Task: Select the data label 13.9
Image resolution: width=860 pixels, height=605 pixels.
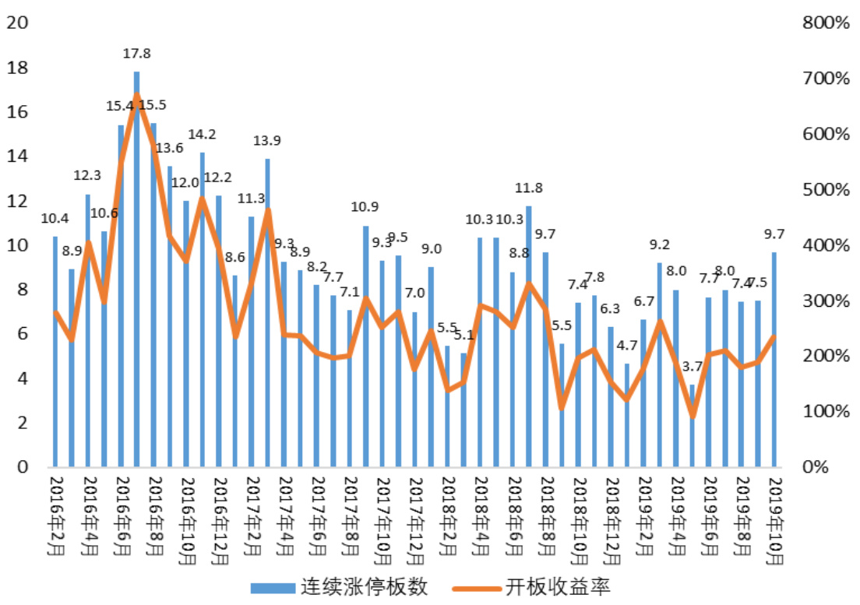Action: pos(267,141)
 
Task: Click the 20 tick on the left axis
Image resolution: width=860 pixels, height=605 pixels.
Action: pos(17,23)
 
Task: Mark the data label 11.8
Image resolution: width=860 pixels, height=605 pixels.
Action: pos(529,188)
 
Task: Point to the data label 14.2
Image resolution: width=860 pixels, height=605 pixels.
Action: pos(203,134)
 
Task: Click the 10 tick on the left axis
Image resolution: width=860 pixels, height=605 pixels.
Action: pos(17,245)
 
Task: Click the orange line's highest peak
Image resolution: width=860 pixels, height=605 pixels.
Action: pos(136,97)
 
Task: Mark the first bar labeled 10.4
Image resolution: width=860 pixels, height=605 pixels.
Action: pos(55,351)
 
